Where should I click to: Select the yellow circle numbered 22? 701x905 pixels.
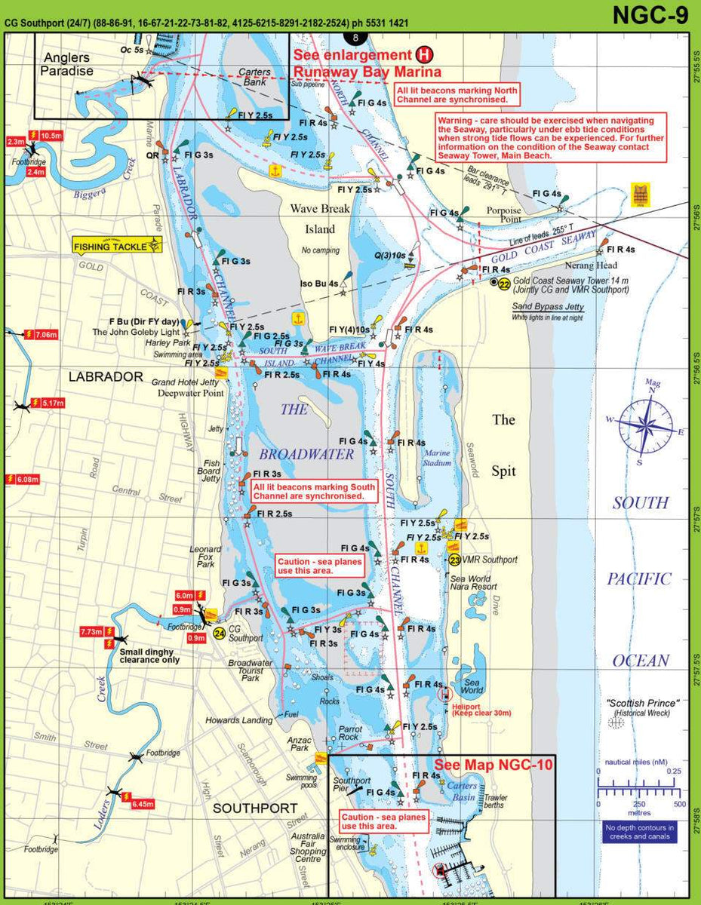[x=504, y=283]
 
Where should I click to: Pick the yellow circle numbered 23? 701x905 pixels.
[x=454, y=560]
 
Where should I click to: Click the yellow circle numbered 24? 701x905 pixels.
[x=219, y=633]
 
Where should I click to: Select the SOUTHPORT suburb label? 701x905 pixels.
[x=255, y=808]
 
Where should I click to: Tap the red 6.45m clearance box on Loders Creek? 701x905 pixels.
[x=142, y=805]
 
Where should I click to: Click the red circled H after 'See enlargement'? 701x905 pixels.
[x=425, y=55]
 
